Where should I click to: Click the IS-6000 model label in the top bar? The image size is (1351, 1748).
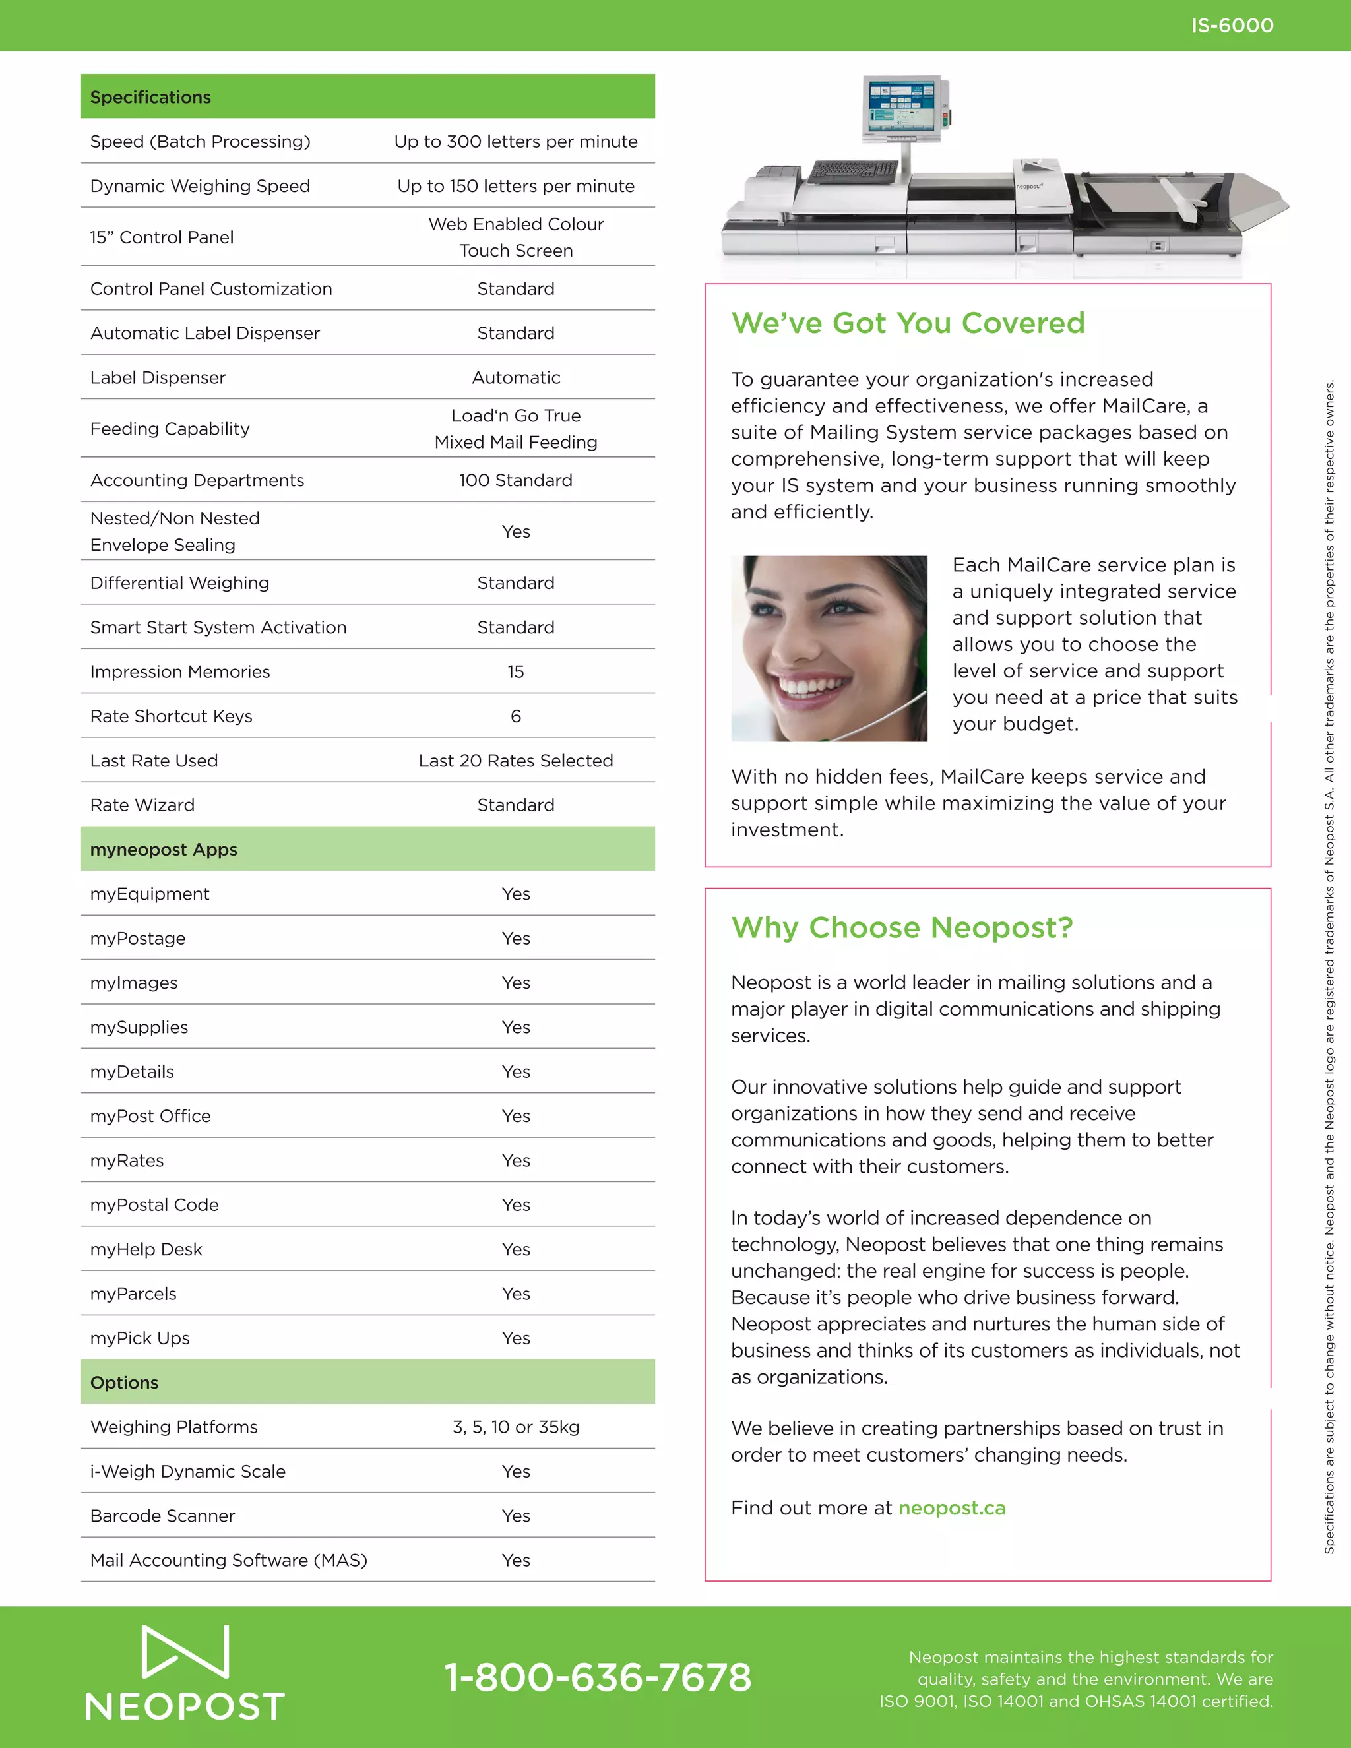tap(1232, 26)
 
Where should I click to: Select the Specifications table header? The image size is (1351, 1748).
tap(150, 97)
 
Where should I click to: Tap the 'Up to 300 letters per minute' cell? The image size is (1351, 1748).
tap(515, 142)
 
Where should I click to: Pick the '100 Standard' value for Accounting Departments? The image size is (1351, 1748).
tap(515, 480)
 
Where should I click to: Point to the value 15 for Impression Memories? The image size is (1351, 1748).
tap(515, 671)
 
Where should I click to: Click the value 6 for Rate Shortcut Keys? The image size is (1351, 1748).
tap(515, 716)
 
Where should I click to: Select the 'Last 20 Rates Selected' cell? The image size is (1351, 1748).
tap(515, 761)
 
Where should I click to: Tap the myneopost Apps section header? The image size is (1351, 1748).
tap(164, 849)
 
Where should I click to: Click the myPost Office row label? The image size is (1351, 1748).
tap(150, 1115)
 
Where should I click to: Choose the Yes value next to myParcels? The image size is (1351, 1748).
tap(515, 1294)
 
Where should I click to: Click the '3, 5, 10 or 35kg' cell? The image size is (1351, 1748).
tap(515, 1427)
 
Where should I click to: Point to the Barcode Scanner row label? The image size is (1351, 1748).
tap(162, 1516)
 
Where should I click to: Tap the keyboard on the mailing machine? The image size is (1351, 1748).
tap(853, 170)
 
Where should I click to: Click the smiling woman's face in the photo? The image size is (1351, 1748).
tap(817, 640)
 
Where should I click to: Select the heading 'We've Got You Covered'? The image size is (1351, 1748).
tap(908, 323)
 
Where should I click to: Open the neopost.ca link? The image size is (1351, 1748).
tap(952, 1508)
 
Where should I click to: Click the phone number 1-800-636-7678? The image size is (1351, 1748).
tap(598, 1677)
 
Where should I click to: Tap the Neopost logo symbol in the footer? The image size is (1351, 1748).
tap(185, 1650)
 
